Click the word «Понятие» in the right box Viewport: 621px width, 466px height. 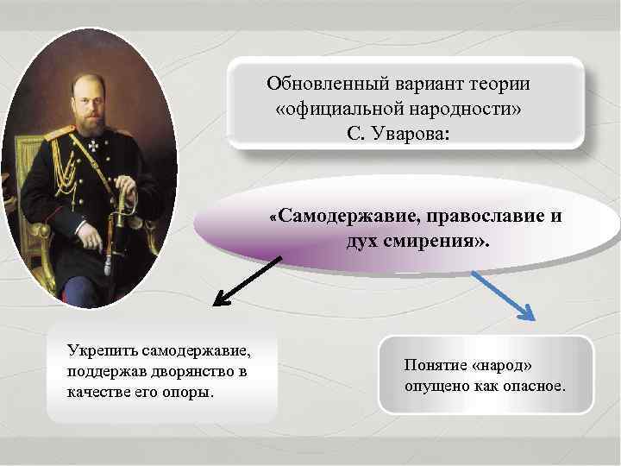click(437, 367)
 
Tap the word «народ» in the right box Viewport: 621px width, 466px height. click(508, 367)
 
